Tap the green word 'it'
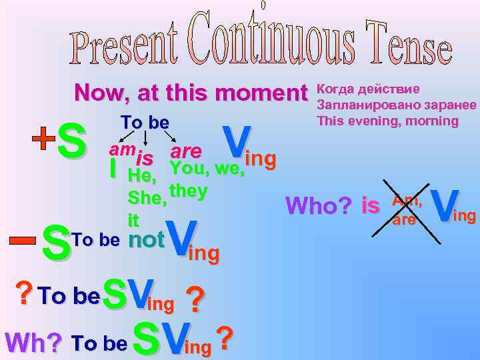tap(134, 219)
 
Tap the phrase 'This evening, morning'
tap(388, 121)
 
